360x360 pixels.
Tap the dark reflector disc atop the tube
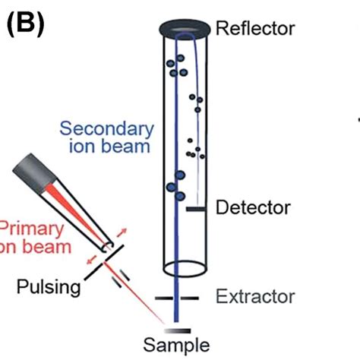tap(183, 29)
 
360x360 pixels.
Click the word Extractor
tap(254, 296)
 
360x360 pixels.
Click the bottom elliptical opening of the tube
tap(184, 268)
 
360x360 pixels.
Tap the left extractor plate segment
tap(166, 298)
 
